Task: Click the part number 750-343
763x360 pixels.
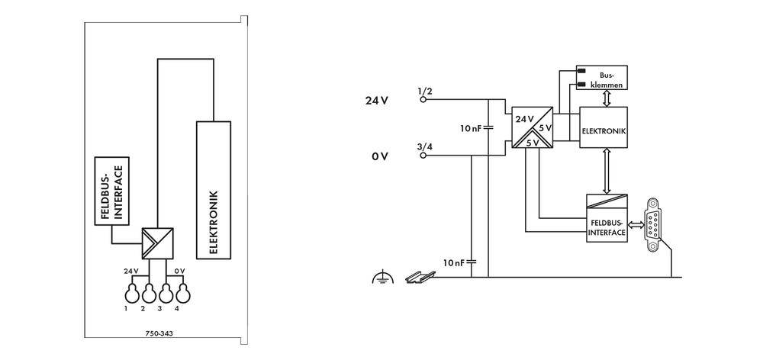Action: tap(159, 334)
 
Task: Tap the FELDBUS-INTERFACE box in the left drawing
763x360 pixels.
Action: tap(111, 191)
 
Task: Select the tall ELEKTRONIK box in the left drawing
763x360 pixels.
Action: tap(214, 189)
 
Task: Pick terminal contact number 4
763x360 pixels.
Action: tap(182, 294)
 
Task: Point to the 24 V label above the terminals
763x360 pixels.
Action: tap(130, 271)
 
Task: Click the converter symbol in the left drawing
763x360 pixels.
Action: tap(156, 242)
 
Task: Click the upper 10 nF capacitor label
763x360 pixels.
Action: tap(470, 128)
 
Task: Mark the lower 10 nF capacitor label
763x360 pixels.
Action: tap(455, 263)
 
